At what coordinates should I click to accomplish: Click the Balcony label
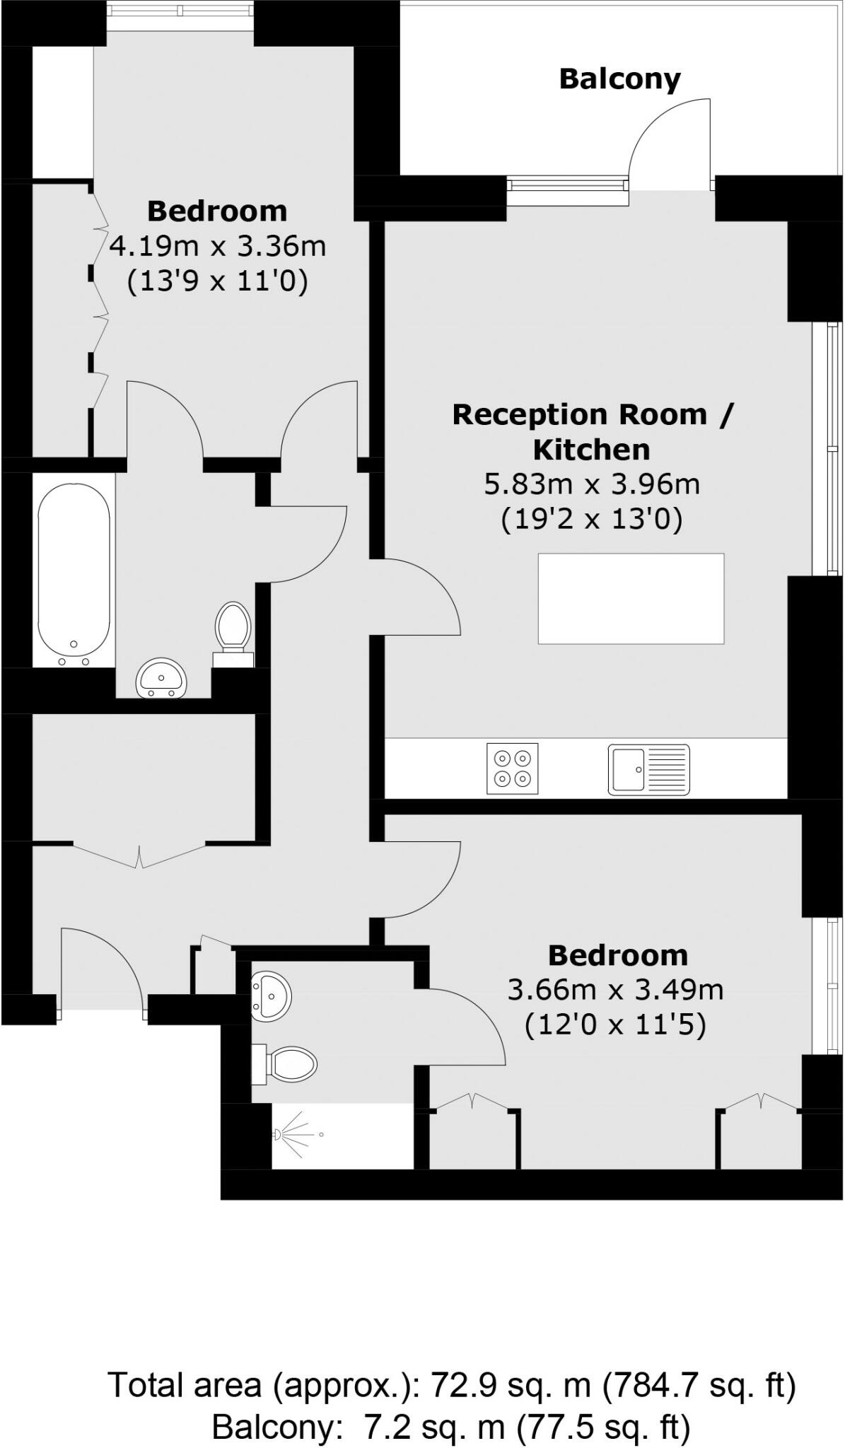point(619,79)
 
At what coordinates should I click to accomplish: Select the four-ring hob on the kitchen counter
point(512,768)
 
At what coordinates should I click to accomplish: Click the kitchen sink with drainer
point(648,769)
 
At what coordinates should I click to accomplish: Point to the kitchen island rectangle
point(631,598)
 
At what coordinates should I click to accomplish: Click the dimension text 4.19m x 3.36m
point(218,247)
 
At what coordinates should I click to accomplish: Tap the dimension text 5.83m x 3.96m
point(591,484)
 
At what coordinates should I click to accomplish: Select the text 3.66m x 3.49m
point(615,989)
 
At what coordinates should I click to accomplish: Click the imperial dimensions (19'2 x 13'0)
point(591,520)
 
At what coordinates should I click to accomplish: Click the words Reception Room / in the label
point(593,414)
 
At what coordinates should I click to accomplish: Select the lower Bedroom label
point(617,955)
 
